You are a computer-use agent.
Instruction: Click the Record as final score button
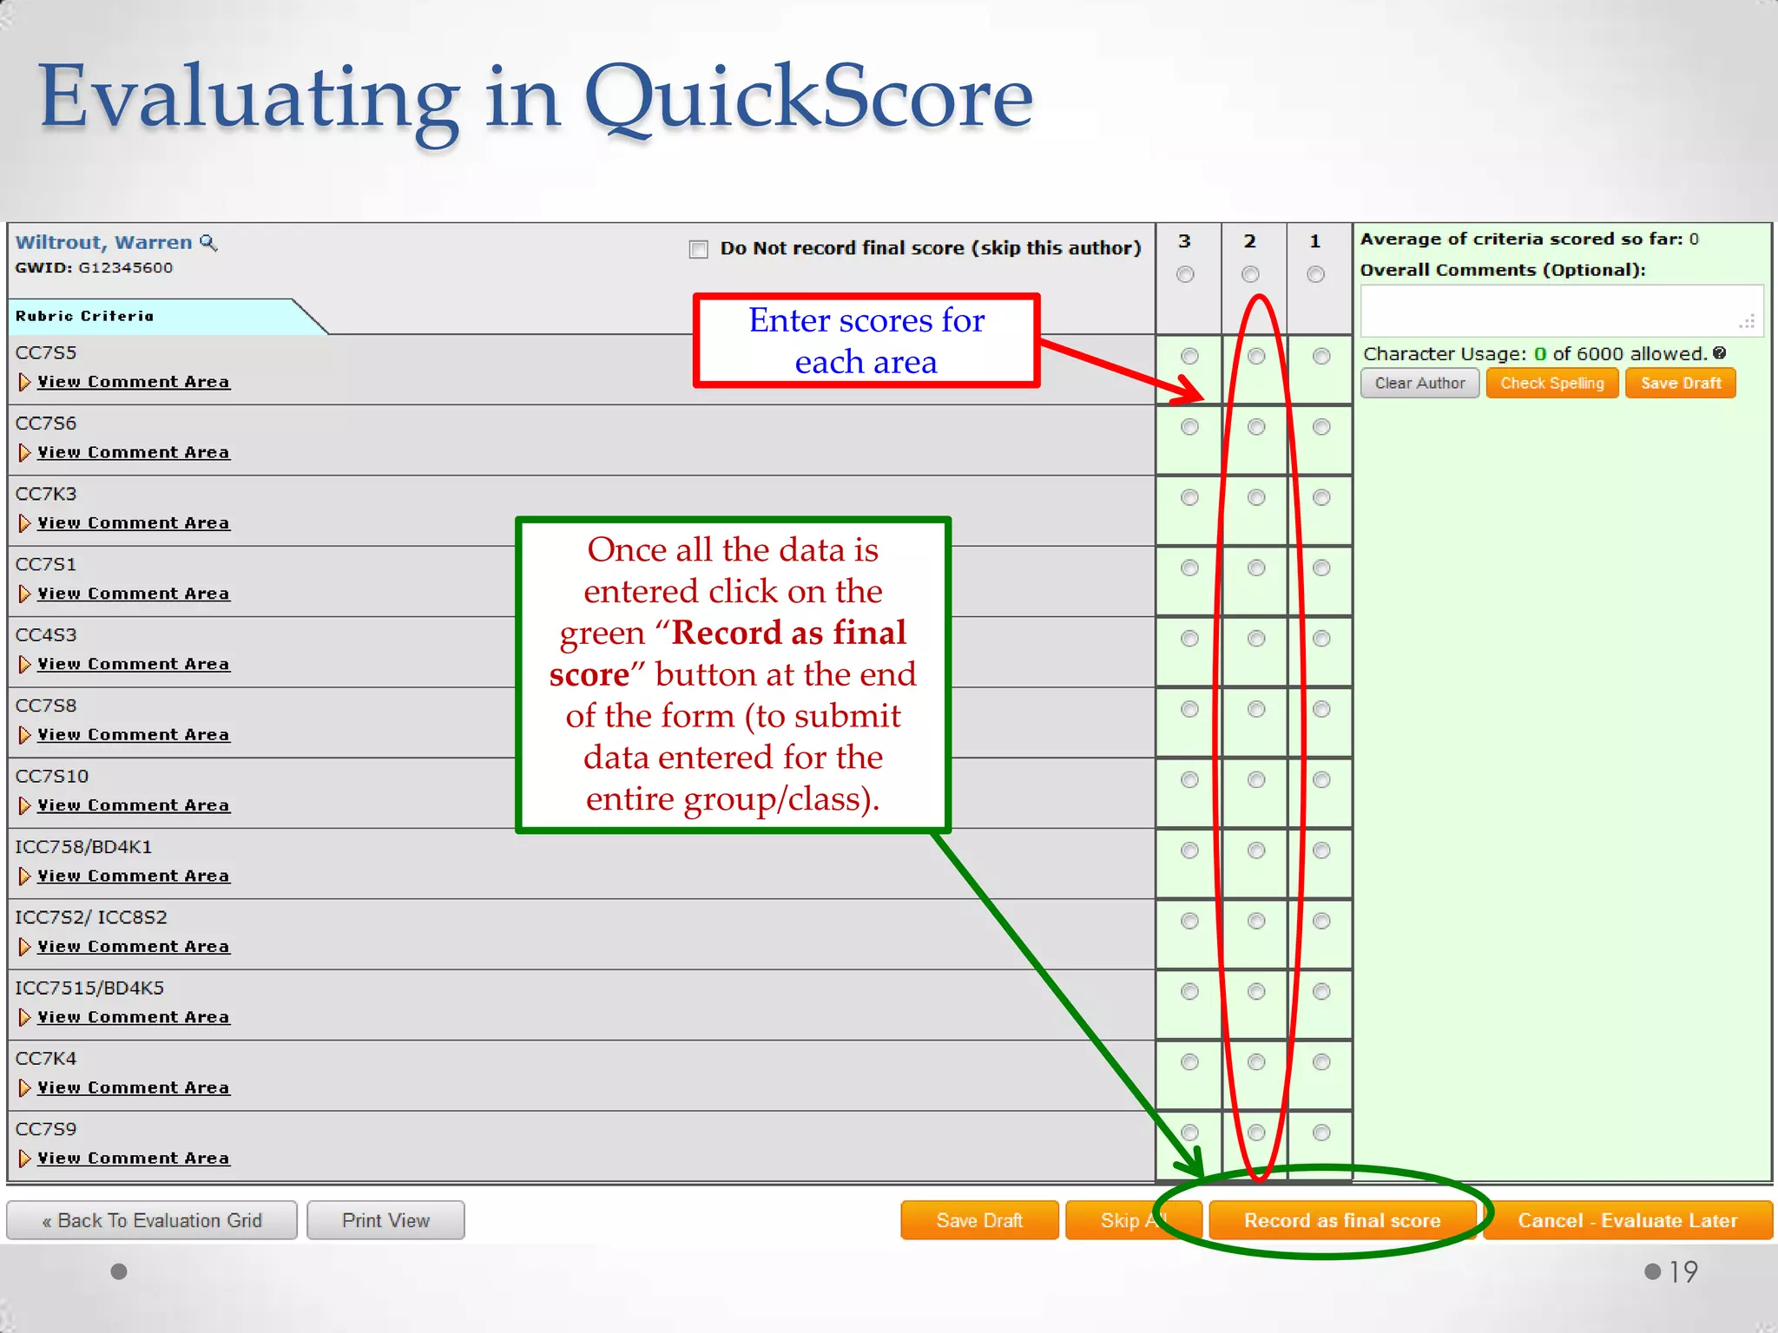tap(1341, 1220)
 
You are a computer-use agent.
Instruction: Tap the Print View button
tap(385, 1220)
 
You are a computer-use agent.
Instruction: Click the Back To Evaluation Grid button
tap(152, 1220)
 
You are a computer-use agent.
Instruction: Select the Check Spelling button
tap(1551, 383)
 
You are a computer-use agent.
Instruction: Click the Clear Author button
tap(1419, 383)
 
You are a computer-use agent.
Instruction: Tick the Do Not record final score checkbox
tap(698, 249)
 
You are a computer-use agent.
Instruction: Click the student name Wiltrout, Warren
tap(104, 242)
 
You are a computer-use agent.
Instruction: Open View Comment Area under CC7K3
tap(133, 522)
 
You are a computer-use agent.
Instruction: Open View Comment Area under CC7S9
tap(133, 1158)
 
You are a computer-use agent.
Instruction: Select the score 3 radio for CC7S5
tap(1189, 356)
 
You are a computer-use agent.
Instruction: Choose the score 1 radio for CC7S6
tap(1321, 426)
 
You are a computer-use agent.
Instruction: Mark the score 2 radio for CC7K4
tap(1256, 1061)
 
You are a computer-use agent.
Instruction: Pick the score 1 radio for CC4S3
tap(1321, 638)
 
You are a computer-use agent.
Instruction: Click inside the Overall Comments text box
tap(1560, 310)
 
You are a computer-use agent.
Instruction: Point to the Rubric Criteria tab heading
tap(85, 316)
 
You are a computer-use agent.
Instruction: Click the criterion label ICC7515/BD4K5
tap(89, 988)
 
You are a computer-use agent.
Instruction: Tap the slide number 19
tap(1683, 1271)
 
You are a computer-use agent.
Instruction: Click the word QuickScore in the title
tap(808, 97)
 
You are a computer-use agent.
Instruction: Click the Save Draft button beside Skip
tap(979, 1220)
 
